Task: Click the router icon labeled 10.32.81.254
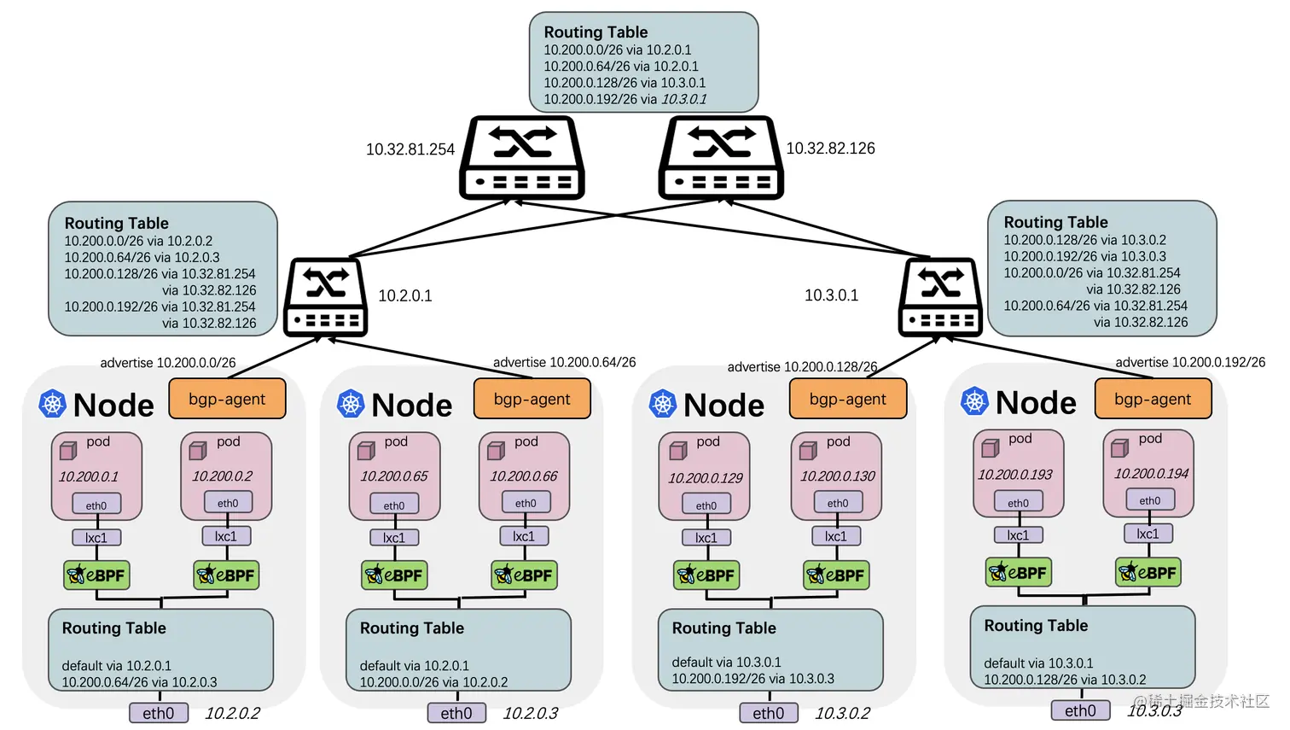[522, 157]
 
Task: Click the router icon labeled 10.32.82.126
[721, 157]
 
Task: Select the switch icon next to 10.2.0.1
[325, 297]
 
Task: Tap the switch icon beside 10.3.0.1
[940, 297]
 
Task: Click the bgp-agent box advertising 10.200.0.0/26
[228, 398]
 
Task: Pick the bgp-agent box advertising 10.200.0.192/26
[1153, 398]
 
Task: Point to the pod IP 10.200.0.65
[394, 476]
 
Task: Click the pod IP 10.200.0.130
[837, 476]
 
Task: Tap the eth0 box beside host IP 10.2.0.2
[159, 713]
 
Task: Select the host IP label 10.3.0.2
[842, 713]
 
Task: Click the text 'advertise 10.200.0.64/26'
[565, 362]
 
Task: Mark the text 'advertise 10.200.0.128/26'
[802, 366]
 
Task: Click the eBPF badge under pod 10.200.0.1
[96, 575]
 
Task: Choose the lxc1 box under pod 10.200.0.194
[1148, 534]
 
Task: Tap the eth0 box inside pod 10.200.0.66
[526, 503]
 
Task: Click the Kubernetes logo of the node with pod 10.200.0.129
[662, 403]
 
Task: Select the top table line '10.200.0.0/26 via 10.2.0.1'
[618, 50]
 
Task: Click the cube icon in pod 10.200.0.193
[991, 447]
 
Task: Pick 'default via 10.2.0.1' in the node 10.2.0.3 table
[414, 665]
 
